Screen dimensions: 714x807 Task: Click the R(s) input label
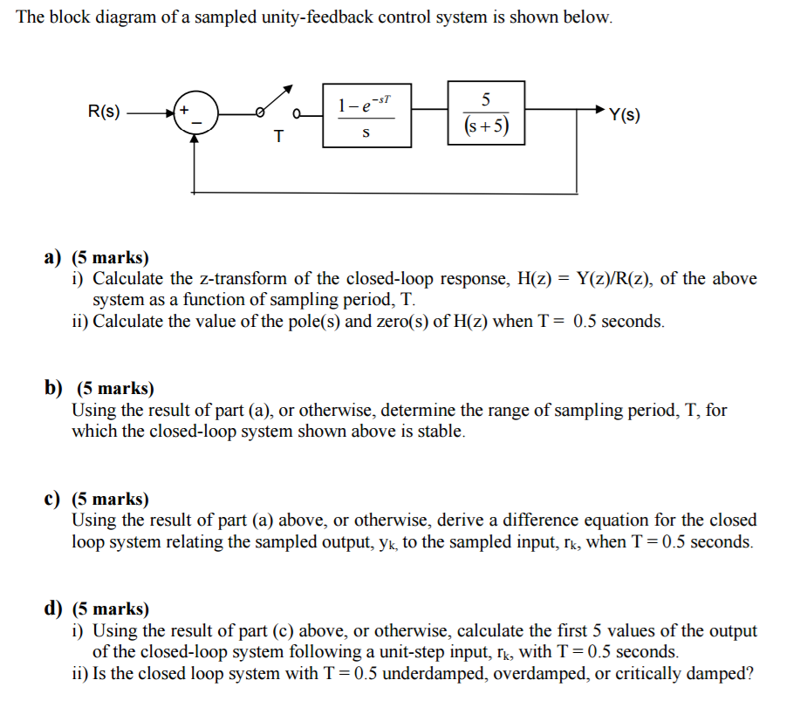tap(105, 112)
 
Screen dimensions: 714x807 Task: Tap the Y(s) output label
tap(625, 114)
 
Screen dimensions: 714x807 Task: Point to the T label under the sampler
tap(278, 136)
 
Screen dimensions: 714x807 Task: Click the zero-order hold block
tap(366, 115)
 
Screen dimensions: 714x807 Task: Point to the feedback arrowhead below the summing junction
tap(195, 139)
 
